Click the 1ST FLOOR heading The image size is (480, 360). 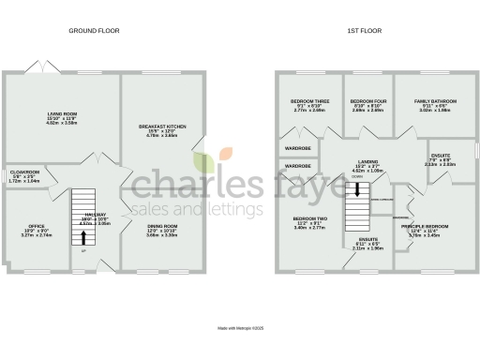(x=363, y=31)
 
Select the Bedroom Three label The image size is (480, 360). (x=309, y=105)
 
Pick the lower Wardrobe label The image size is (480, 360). (x=297, y=166)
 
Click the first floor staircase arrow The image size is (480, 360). (x=356, y=187)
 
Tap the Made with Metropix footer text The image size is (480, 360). (x=240, y=328)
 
